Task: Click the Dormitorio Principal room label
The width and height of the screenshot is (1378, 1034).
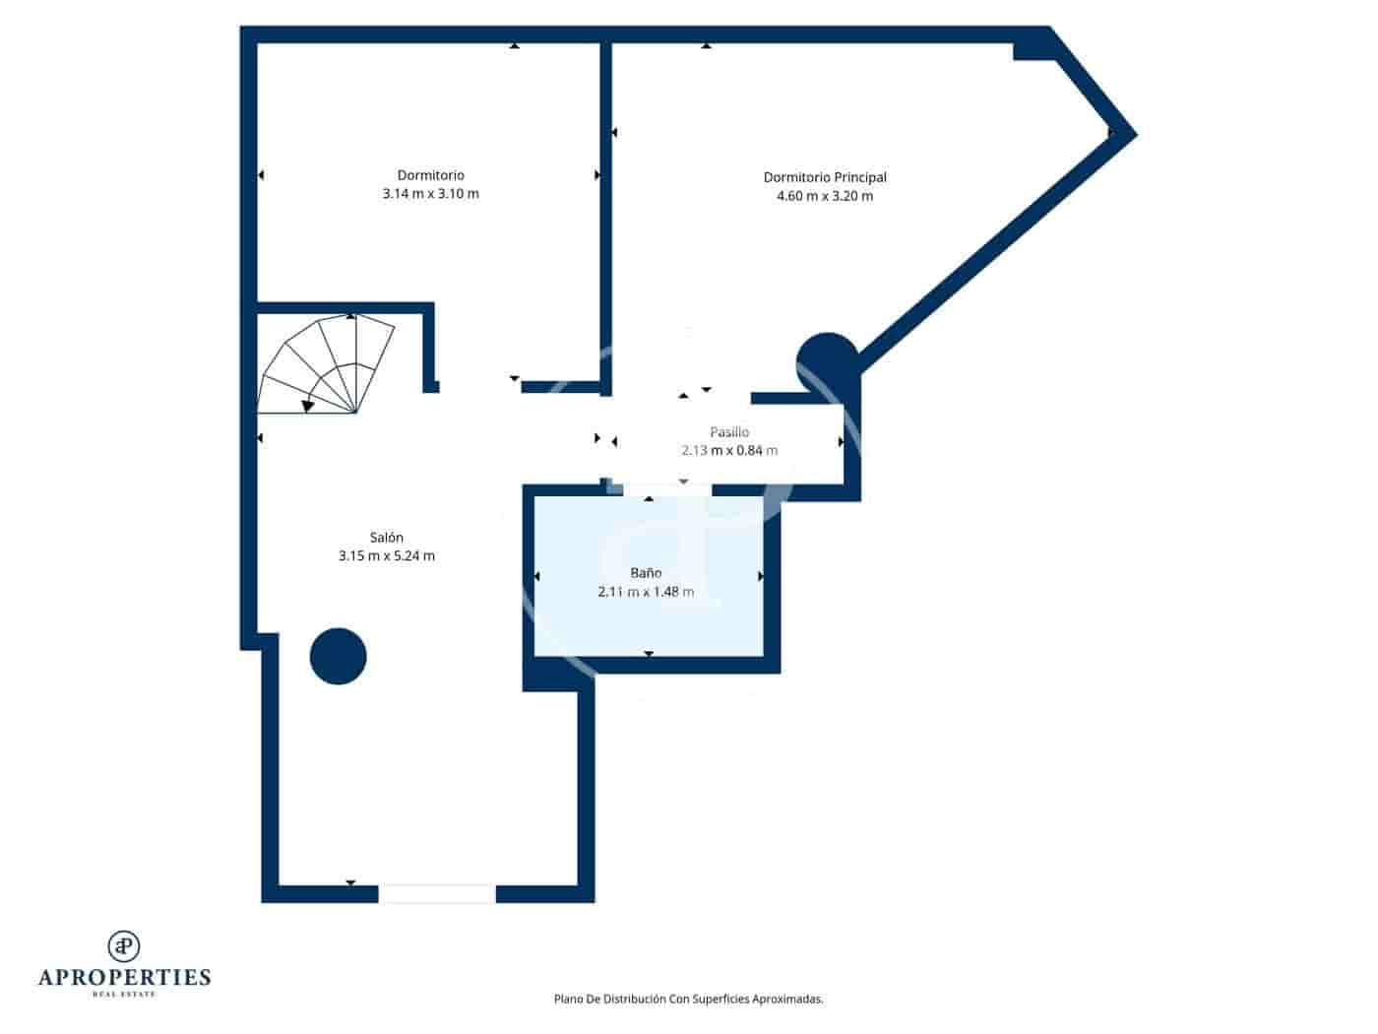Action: [x=825, y=177]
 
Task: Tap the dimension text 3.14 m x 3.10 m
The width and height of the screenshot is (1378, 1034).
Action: [x=430, y=194]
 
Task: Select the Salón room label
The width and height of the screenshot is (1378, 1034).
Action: [x=386, y=538]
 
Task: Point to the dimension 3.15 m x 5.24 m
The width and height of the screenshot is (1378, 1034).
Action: [x=386, y=556]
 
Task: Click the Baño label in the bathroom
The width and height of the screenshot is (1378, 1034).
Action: [x=646, y=573]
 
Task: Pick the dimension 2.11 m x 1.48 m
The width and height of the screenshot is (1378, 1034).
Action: [x=646, y=592]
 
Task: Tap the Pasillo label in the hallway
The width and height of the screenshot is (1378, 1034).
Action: [x=729, y=432]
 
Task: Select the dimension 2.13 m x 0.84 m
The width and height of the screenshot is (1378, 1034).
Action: [x=729, y=451]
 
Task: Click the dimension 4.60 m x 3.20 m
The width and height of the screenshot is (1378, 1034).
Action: [x=825, y=196]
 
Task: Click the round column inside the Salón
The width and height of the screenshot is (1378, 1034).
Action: [x=339, y=656]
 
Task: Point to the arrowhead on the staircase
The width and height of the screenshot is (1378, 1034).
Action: [x=308, y=405]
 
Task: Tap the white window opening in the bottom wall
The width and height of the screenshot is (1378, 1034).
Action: [x=437, y=894]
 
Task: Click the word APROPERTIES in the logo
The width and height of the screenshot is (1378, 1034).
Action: [x=124, y=978]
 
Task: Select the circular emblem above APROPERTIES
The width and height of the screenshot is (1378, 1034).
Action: [x=124, y=945]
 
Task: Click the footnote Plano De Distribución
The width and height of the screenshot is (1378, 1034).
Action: [x=688, y=999]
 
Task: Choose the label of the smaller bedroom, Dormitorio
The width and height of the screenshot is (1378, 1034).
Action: [x=430, y=175]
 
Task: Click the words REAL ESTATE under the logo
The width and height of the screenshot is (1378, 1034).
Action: [x=124, y=995]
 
